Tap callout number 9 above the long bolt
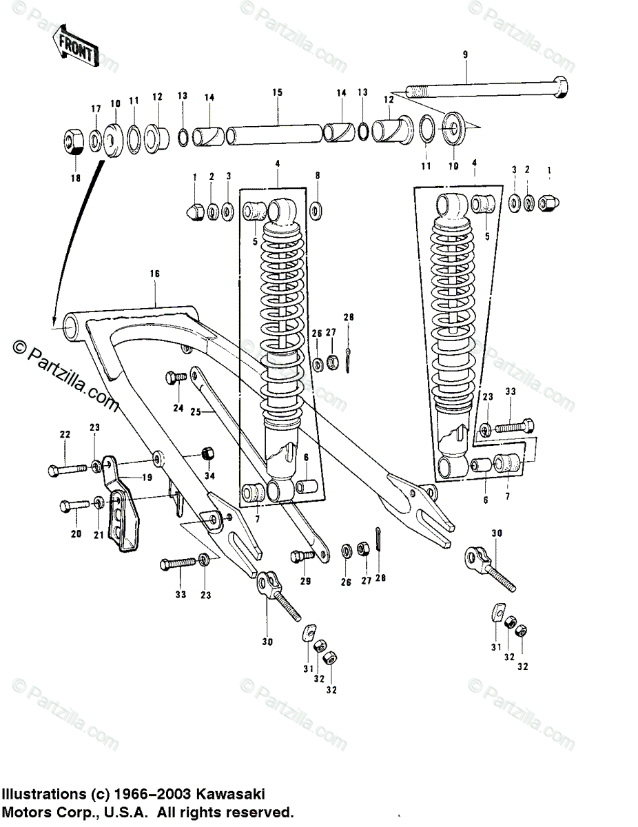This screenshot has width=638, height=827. pyautogui.click(x=465, y=54)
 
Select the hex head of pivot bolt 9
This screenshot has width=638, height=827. pyautogui.click(x=562, y=89)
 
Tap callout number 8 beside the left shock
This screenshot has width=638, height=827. pyautogui.click(x=318, y=176)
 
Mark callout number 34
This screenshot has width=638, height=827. pyautogui.click(x=209, y=476)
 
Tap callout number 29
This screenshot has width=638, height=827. pyautogui.click(x=305, y=581)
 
